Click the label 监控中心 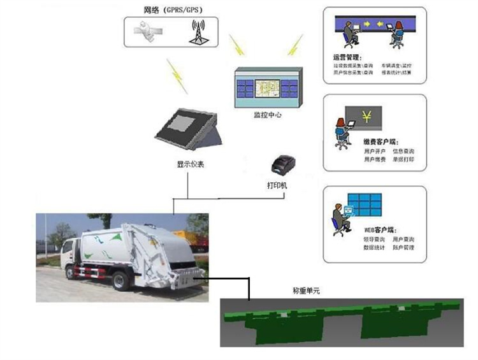(267, 115)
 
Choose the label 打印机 (277, 185)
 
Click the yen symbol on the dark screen (367, 117)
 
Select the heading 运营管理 (347, 57)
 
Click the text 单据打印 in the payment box (403, 159)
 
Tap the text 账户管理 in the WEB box (404, 247)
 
